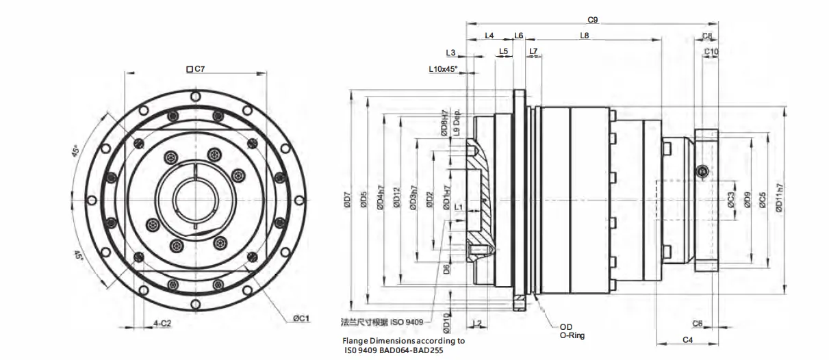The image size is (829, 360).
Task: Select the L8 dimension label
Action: [585, 36]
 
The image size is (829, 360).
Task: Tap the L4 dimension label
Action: [489, 36]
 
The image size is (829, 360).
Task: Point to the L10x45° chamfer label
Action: [443, 69]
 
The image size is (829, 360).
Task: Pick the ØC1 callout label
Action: [302, 318]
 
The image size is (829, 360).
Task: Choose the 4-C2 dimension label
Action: [162, 322]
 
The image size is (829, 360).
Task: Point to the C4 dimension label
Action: [688, 339]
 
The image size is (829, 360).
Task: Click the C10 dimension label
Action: [711, 51]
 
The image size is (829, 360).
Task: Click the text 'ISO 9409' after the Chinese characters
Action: [409, 321]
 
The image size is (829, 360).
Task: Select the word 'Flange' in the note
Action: [356, 340]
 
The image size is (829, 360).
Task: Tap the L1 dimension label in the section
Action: [459, 206]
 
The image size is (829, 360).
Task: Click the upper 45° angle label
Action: [77, 150]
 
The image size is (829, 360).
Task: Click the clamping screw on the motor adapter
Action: [701, 170]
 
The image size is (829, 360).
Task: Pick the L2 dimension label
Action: [477, 322]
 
